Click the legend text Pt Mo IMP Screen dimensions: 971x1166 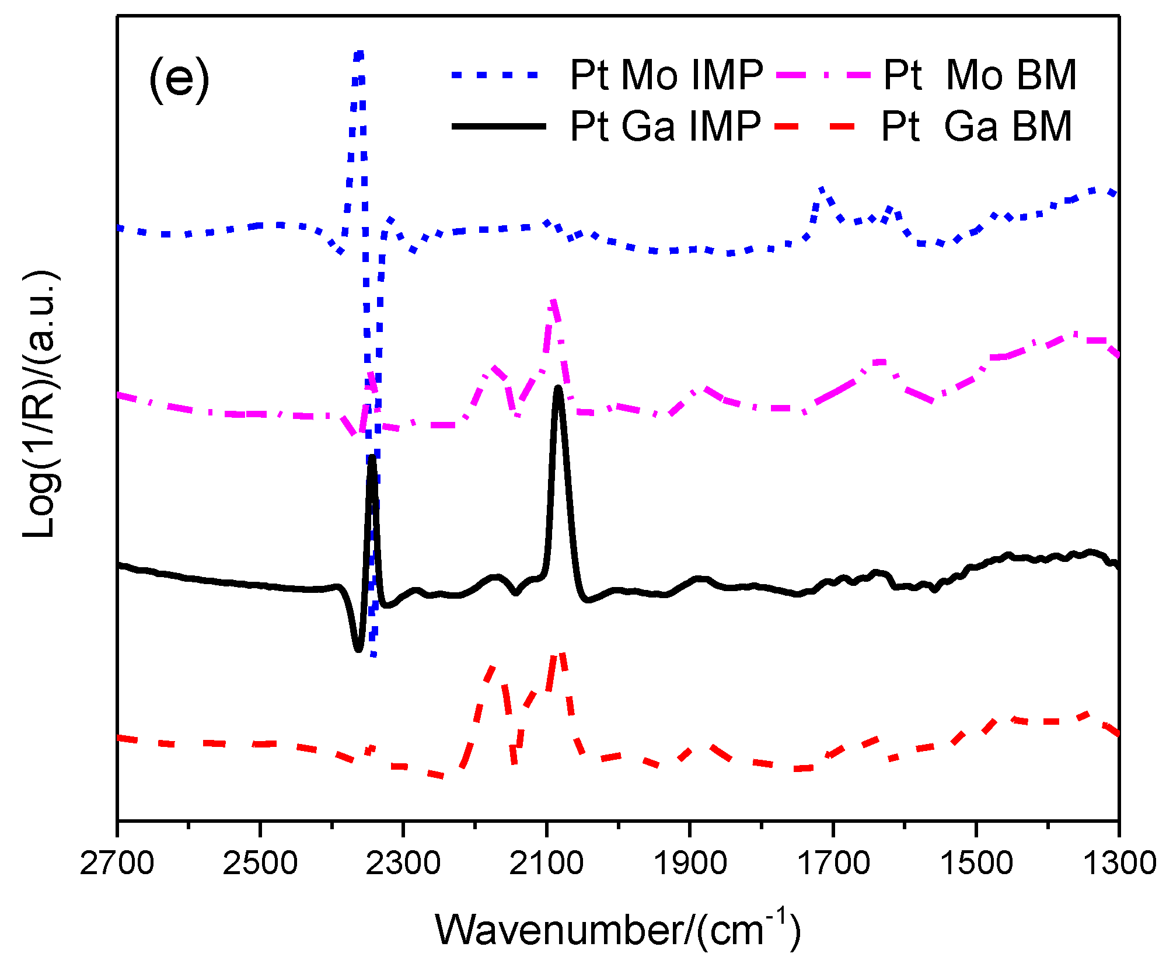[666, 75]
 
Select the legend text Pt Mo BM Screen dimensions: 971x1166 [980, 75]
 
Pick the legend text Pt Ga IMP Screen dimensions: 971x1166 [665, 126]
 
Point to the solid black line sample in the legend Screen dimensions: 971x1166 [499, 126]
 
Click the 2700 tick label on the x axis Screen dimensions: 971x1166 [117, 863]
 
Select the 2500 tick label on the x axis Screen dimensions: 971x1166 [260, 863]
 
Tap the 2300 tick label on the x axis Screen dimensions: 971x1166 [403, 863]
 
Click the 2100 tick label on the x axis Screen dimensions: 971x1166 [546, 863]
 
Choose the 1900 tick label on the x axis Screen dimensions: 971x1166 [689, 863]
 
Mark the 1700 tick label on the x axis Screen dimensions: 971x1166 [833, 863]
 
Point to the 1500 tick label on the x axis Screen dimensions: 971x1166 [976, 863]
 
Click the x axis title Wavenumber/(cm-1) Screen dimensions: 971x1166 [617, 930]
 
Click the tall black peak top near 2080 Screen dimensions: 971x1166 [558, 389]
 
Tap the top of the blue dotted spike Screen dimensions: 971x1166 [359, 54]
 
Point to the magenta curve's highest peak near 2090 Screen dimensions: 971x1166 [553, 301]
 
